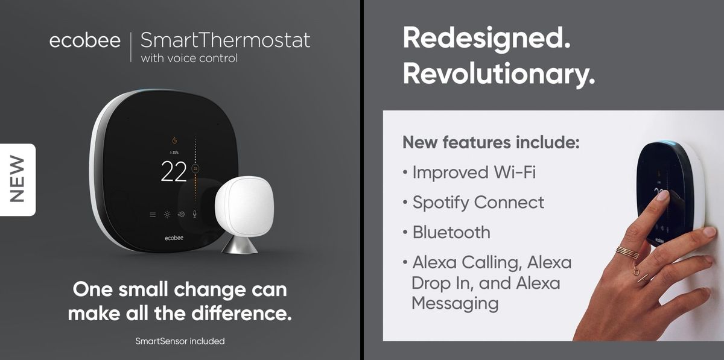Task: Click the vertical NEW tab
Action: coord(17,179)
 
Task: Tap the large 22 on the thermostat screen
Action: coord(174,171)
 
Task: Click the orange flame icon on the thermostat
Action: coord(174,141)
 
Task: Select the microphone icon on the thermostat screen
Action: coord(194,214)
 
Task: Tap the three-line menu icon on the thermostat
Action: coord(153,215)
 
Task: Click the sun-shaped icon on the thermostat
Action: coord(167,214)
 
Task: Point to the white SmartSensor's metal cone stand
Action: coord(240,244)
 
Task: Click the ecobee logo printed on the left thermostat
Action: coord(174,238)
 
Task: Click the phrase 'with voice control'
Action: coord(189,58)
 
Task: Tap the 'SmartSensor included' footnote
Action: coord(180,341)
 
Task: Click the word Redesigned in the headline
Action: coord(486,39)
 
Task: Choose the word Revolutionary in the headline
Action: coord(499,75)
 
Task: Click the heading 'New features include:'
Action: coord(491,142)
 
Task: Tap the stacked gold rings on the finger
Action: coord(627,252)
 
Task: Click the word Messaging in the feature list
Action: coord(455,304)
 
